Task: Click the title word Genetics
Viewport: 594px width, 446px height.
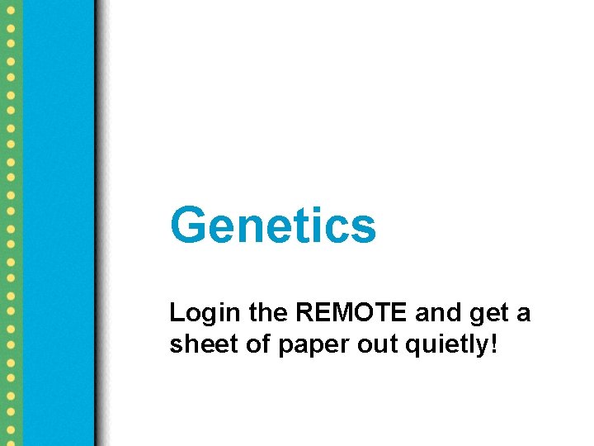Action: [x=273, y=225]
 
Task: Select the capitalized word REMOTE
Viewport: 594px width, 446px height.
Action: [x=352, y=313]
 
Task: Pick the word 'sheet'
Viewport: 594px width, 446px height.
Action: [x=196, y=344]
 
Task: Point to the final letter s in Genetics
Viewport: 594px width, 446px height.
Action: [x=364, y=227]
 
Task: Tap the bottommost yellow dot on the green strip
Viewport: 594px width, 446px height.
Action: [x=10, y=438]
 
